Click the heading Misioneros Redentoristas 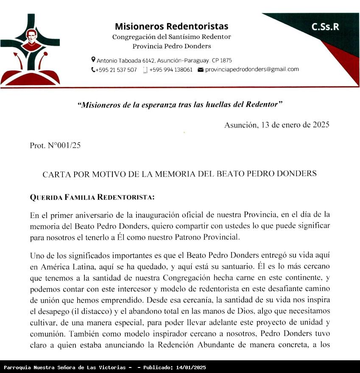[171, 26]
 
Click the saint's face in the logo [30, 35]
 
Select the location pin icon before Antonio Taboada [93, 60]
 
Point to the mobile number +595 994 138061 [170, 70]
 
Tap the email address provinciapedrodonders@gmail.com [252, 69]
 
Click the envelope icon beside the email [201, 70]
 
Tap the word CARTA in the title [56, 174]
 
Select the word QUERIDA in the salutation [46, 197]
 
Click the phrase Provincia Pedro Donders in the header [171, 46]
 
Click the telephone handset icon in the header [93, 70]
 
